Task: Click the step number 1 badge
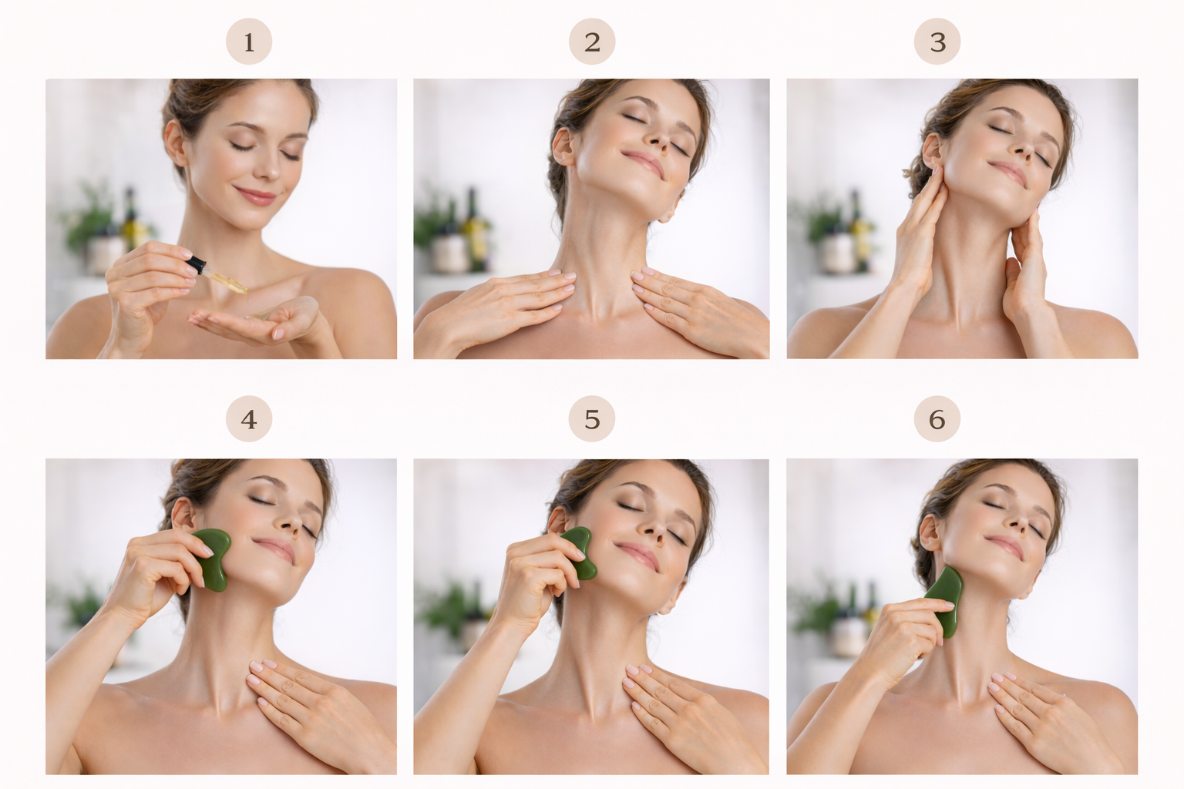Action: (249, 42)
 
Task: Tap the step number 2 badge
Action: (592, 42)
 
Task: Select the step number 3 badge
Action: (937, 42)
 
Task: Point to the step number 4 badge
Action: (249, 419)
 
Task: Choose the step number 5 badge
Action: (592, 419)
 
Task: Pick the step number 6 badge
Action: (937, 419)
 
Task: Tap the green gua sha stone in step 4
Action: (211, 560)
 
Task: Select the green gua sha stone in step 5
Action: (580, 553)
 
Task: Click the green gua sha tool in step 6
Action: (945, 599)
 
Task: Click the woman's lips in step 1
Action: (254, 195)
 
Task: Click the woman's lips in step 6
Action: (1005, 546)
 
